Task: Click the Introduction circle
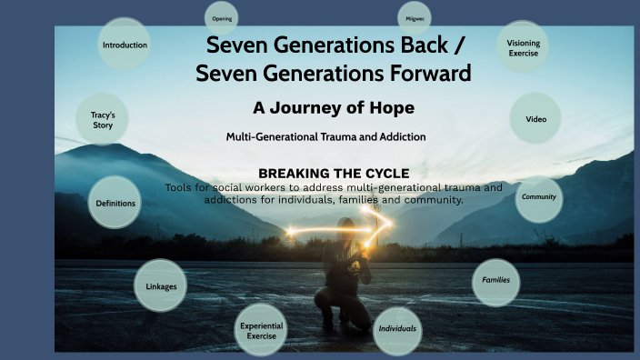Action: point(125,45)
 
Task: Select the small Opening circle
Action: point(222,18)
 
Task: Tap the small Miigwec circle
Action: point(414,18)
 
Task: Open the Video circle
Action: point(535,119)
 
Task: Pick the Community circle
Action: point(538,197)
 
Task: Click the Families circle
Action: point(495,281)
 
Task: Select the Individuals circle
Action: point(397,327)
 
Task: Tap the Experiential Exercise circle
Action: point(261,331)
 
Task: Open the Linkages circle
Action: point(161,286)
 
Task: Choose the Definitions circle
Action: point(115,203)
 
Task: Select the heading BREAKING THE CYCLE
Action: point(334,173)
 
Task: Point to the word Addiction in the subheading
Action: point(395,137)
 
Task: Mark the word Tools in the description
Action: point(180,187)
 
